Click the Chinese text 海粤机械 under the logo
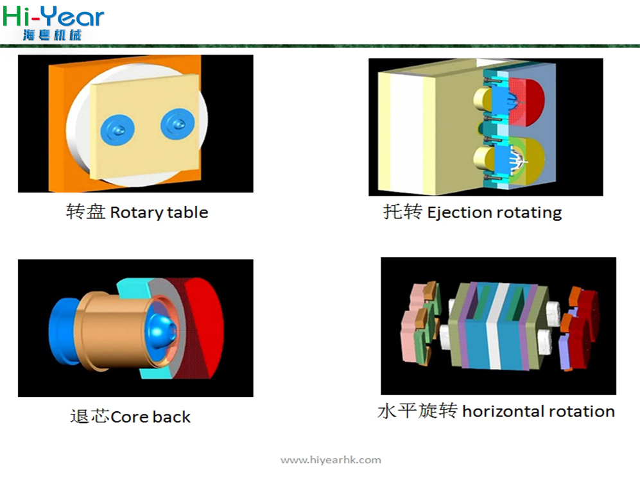tap(52, 35)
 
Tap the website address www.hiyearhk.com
tap(331, 460)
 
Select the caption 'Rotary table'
tap(159, 213)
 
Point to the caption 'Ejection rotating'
tap(494, 213)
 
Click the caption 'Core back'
tap(150, 417)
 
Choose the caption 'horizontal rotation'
tap(539, 411)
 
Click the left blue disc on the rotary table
tap(117, 130)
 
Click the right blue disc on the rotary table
tap(178, 124)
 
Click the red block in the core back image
tap(203, 327)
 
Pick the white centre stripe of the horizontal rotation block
tap(497, 327)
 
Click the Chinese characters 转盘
tap(86, 212)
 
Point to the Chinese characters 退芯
tap(90, 416)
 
